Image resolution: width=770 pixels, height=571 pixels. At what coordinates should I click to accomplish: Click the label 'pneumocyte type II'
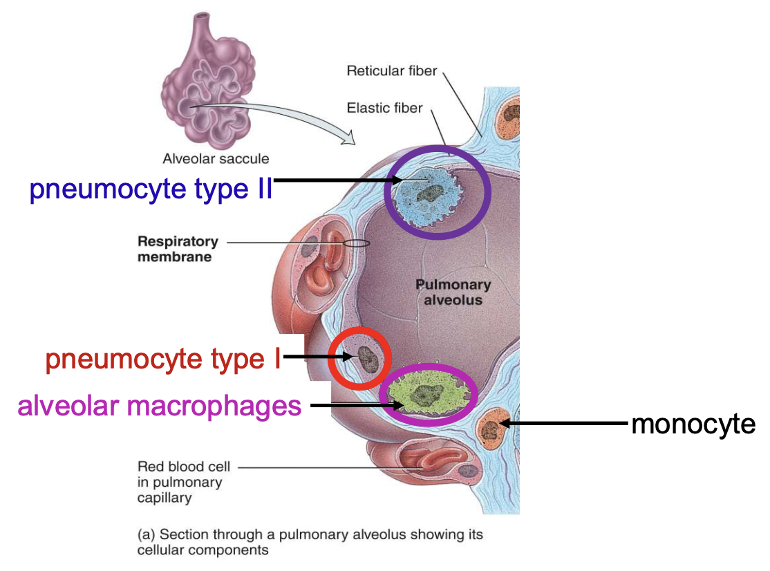click(151, 189)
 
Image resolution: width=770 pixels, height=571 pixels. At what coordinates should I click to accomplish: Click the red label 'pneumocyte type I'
click(163, 359)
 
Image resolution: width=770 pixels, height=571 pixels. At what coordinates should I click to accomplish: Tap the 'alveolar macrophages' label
click(160, 406)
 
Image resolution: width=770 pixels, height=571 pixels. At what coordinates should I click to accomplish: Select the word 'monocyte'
click(693, 423)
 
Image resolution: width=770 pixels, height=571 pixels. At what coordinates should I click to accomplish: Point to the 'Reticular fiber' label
click(392, 71)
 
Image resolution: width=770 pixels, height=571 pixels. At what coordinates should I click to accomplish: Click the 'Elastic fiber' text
click(384, 108)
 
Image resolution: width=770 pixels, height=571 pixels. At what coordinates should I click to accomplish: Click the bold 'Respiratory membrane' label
click(178, 249)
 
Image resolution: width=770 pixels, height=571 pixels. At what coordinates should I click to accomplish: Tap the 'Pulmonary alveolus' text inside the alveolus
click(453, 292)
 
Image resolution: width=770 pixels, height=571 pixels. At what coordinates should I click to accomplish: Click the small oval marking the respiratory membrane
click(356, 243)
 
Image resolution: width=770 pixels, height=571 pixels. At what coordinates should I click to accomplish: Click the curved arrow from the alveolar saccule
click(276, 114)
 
